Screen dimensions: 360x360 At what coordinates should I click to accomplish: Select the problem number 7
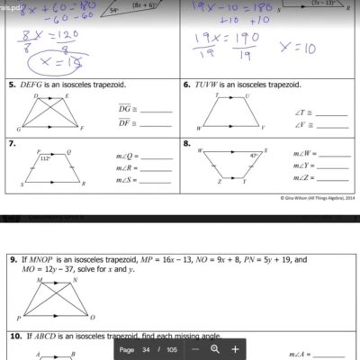10,143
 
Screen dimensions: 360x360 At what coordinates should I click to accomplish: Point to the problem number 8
187,143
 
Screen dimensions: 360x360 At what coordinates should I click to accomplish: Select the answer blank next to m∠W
333,155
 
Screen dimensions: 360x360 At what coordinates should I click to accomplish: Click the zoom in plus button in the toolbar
235,348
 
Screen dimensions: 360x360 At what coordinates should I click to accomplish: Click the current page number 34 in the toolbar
152,348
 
